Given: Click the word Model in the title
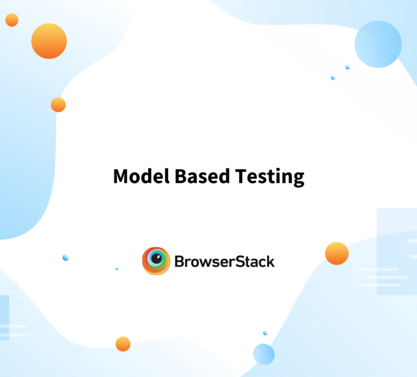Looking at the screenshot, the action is click(141, 176).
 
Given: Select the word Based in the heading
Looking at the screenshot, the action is click(202, 176).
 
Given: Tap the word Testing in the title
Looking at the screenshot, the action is click(270, 177).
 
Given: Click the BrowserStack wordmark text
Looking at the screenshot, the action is click(224, 261).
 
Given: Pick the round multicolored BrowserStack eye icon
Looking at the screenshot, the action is click(156, 261).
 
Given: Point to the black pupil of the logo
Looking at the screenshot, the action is click(156, 259).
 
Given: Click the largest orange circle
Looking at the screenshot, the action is click(49, 41).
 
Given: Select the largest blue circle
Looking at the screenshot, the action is click(378, 44).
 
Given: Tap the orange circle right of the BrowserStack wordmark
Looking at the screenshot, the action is click(337, 253).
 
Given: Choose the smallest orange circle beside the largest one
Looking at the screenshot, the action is click(12, 20).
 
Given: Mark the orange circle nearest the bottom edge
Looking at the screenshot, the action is click(123, 344).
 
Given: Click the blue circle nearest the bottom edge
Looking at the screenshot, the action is click(263, 354).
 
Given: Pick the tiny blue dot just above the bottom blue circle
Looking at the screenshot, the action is click(265, 333).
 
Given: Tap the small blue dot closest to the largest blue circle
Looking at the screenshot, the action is click(347, 67).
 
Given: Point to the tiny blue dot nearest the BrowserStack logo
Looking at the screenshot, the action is click(117, 269).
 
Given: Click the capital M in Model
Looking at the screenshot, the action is click(121, 176).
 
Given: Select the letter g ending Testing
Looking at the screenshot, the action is click(299, 179).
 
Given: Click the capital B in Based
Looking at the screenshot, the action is click(181, 176).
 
